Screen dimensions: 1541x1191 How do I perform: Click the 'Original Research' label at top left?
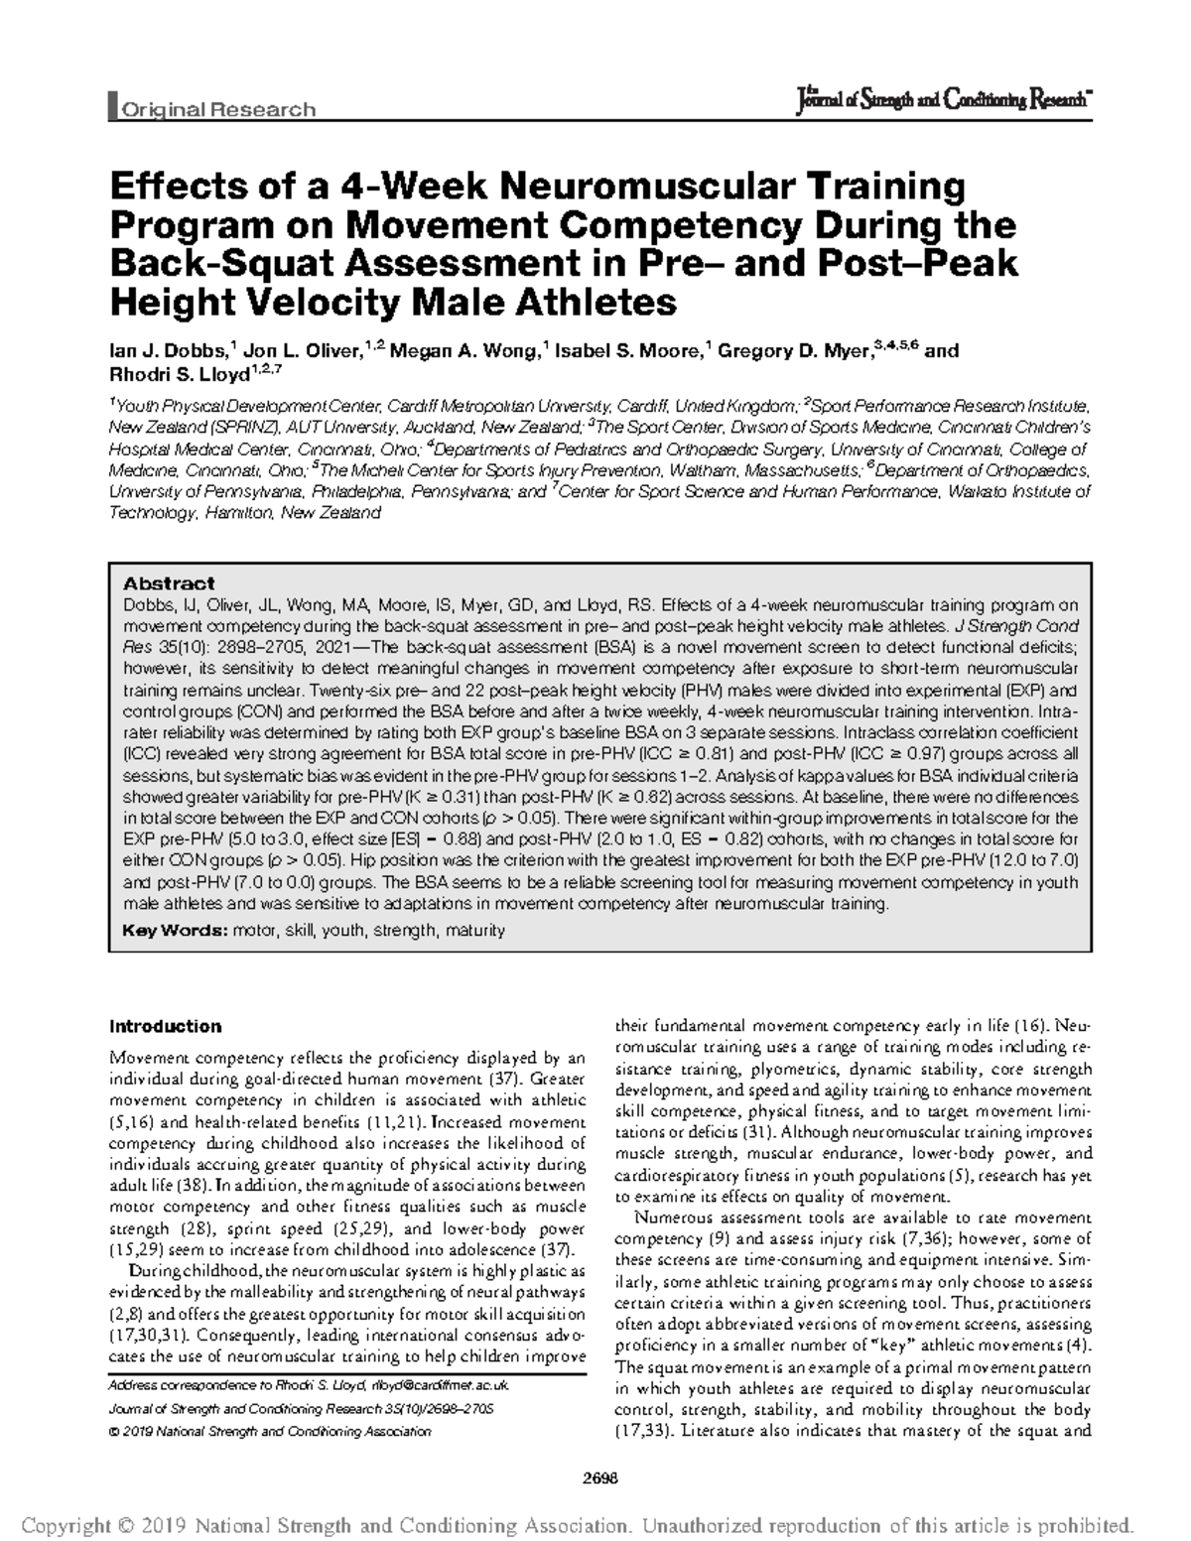218,110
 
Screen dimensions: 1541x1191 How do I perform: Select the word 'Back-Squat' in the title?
221,264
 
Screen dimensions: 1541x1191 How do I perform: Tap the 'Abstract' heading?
169,583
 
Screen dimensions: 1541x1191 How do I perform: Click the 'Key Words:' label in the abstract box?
174,931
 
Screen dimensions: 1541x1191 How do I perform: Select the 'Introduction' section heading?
165,1026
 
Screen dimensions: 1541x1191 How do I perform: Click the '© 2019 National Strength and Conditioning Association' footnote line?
270,1432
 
